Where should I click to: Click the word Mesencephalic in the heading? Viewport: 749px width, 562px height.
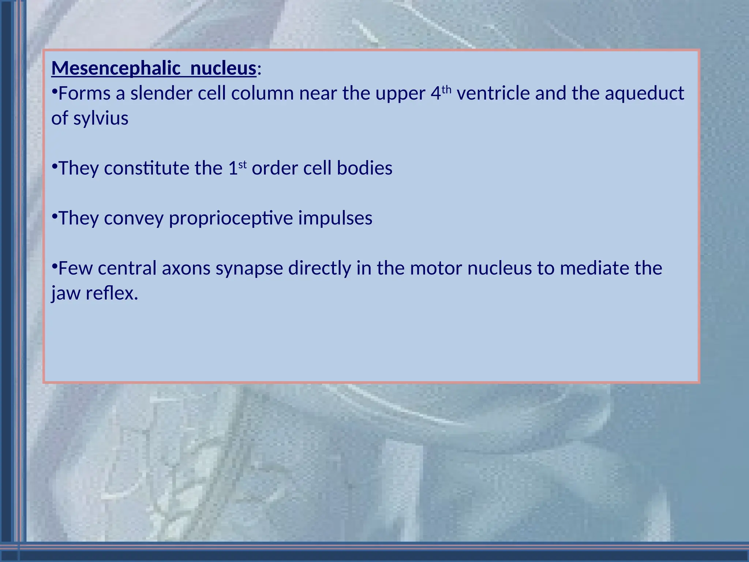116,68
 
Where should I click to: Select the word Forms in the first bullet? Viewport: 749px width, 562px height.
84,93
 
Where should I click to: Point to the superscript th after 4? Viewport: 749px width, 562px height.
447,89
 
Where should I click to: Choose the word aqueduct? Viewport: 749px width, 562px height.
644,93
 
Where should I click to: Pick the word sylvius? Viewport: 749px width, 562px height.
101,119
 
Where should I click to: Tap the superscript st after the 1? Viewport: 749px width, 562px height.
242,165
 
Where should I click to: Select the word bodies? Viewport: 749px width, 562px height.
364,168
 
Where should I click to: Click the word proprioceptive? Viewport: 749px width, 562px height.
230,218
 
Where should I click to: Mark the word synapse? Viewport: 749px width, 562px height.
249,268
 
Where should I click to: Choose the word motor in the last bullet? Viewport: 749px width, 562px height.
436,268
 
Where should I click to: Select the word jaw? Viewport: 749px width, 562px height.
65,293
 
